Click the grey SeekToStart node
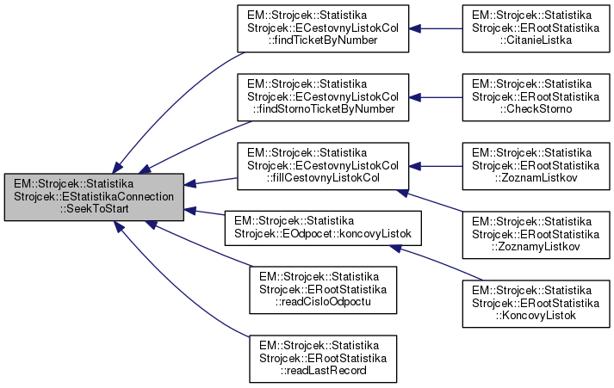pyautogui.click(x=93, y=197)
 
